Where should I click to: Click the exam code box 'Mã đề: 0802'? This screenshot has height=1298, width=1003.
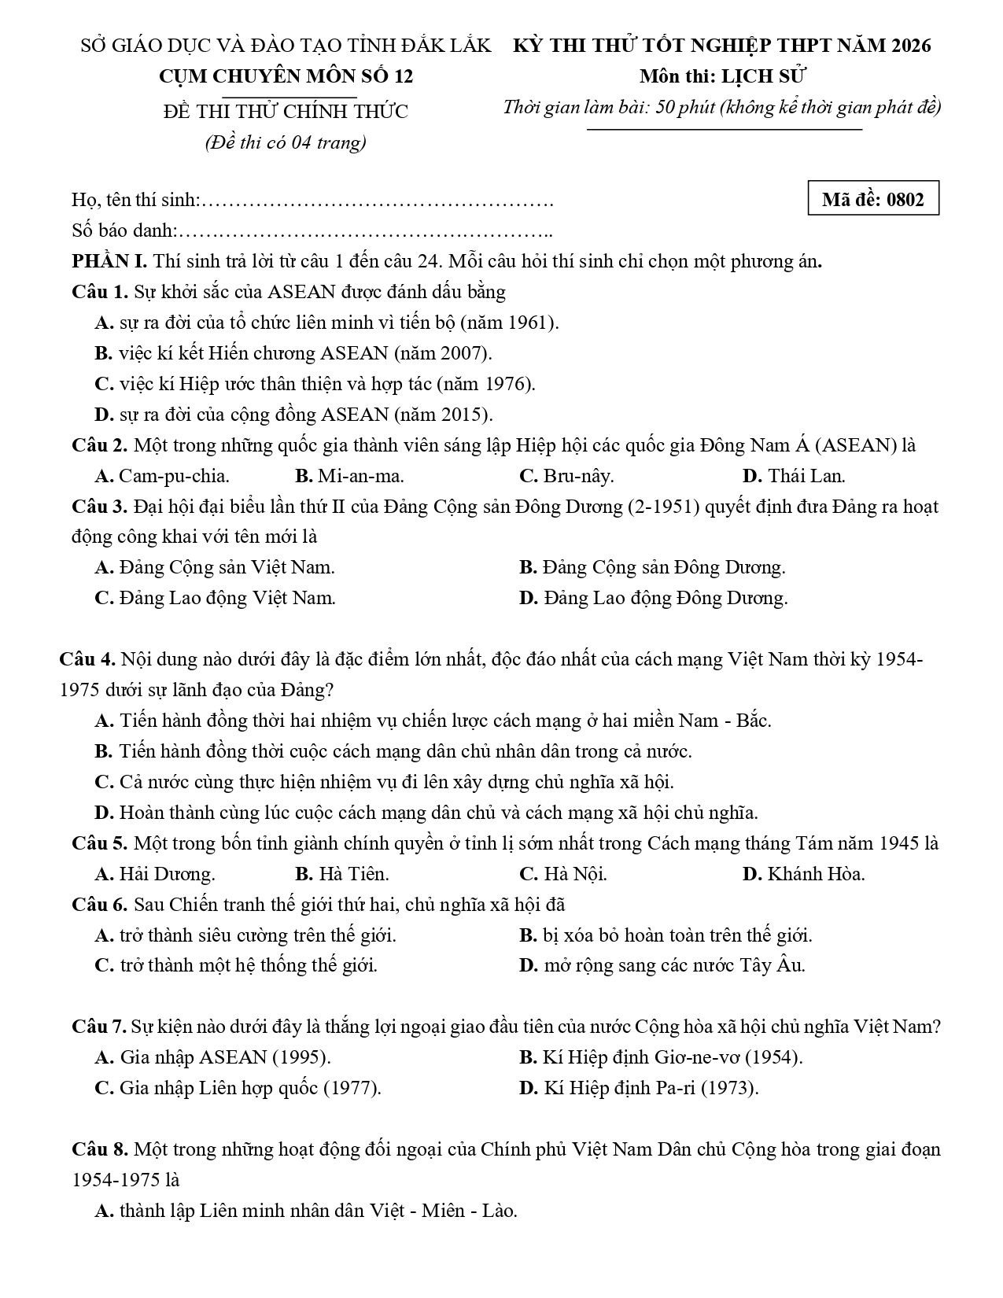pos(873,199)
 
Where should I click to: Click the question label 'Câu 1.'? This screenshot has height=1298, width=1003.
pos(100,292)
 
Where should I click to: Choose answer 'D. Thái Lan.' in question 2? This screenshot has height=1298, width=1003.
pos(794,476)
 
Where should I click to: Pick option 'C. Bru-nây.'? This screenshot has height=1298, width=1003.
pos(566,476)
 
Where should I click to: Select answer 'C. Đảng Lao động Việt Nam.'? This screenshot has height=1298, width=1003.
pos(215,598)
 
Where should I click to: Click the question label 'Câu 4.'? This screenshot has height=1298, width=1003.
pos(87,659)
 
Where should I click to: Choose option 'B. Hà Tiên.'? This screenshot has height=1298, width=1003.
pos(342,874)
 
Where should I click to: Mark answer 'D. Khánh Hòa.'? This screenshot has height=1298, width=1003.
pos(803,874)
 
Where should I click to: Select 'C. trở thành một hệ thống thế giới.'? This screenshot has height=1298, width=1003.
pos(236,965)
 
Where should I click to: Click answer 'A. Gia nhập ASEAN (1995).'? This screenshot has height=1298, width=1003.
pos(212,1057)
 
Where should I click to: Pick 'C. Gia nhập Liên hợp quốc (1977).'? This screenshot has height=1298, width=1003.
pos(238,1088)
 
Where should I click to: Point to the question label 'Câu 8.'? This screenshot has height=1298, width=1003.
pos(100,1149)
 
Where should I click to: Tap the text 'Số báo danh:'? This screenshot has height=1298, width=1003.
pos(124,230)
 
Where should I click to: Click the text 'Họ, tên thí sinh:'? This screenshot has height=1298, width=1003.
pos(136,200)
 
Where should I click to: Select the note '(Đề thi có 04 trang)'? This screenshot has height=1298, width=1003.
pos(286,142)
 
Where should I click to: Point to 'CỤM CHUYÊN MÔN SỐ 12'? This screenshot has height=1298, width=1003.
pos(286,76)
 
